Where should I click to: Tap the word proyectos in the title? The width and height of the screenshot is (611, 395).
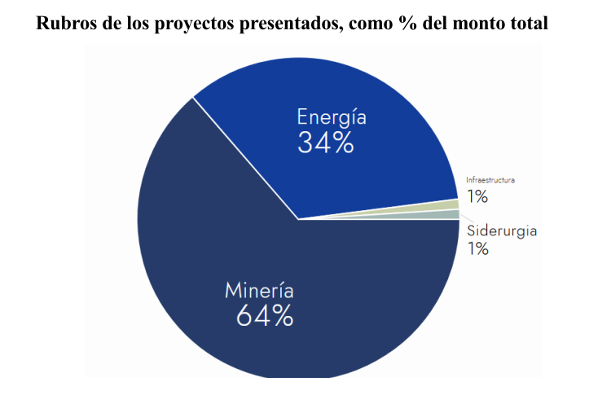coord(193,22)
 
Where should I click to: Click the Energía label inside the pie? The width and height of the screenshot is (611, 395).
coord(331,116)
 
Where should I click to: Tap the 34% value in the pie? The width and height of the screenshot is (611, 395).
coord(326,143)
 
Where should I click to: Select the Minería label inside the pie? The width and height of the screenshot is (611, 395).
coord(259,290)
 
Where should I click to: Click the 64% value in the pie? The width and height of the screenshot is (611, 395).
coord(265,316)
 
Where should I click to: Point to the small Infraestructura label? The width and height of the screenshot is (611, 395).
coord(490,179)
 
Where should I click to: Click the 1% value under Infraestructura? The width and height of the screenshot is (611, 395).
coord(477,196)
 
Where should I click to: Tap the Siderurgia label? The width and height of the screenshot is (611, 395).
coord(501,230)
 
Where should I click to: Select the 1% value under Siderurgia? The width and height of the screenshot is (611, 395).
coord(477,248)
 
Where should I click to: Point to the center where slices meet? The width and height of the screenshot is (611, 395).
coord(299,219)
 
